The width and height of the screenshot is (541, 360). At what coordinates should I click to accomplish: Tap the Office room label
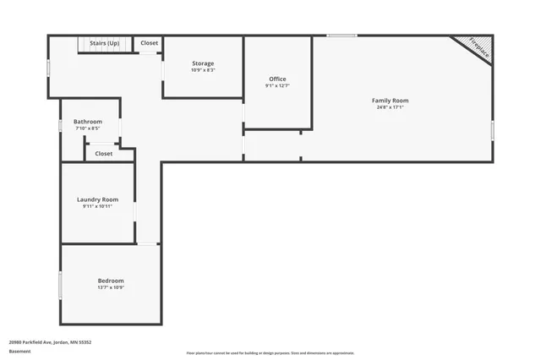point(277,79)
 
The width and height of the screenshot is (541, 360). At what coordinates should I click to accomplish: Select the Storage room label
point(203,63)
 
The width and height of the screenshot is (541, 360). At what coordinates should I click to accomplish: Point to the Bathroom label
point(88,122)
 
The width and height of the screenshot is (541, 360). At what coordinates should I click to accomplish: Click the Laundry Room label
point(97,199)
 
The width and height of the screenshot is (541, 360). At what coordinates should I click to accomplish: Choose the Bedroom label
point(110,281)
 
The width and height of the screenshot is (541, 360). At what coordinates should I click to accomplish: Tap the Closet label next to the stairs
point(149,42)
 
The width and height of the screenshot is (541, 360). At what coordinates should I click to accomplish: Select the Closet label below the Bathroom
point(103,154)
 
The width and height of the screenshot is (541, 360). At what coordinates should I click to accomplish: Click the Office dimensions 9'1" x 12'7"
point(277,85)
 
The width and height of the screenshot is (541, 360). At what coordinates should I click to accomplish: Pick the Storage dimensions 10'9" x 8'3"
point(203,70)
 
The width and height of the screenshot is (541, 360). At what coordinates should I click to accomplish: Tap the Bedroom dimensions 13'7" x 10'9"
point(110,287)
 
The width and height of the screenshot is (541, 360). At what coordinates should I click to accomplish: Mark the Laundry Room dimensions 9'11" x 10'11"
point(97,206)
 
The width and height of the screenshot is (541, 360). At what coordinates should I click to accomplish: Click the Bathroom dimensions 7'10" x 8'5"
point(88,128)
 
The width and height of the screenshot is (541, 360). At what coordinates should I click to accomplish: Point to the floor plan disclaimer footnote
point(270,353)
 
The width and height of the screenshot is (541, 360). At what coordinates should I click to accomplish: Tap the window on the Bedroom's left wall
point(60,284)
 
